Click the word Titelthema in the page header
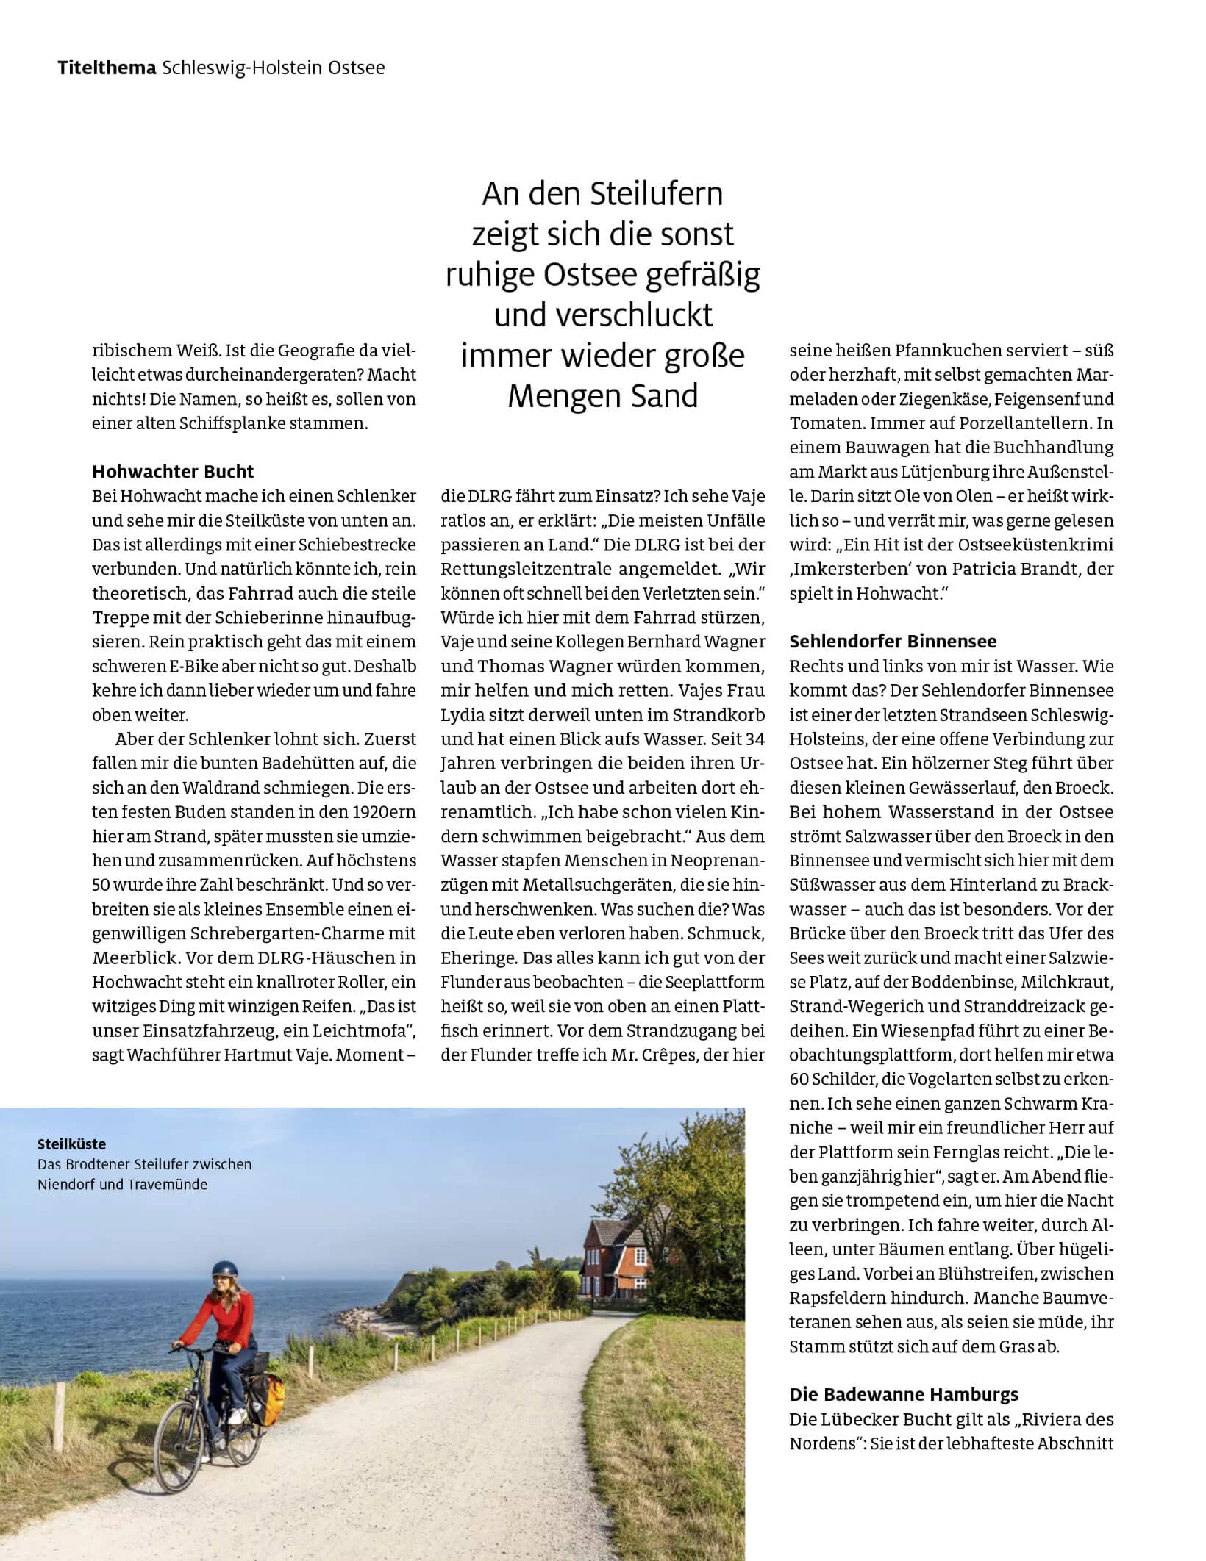[107, 68]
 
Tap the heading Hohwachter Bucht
[173, 471]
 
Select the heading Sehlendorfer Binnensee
[893, 641]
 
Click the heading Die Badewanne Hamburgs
[904, 1394]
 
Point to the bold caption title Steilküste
[71, 1144]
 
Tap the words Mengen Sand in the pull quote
[602, 396]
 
